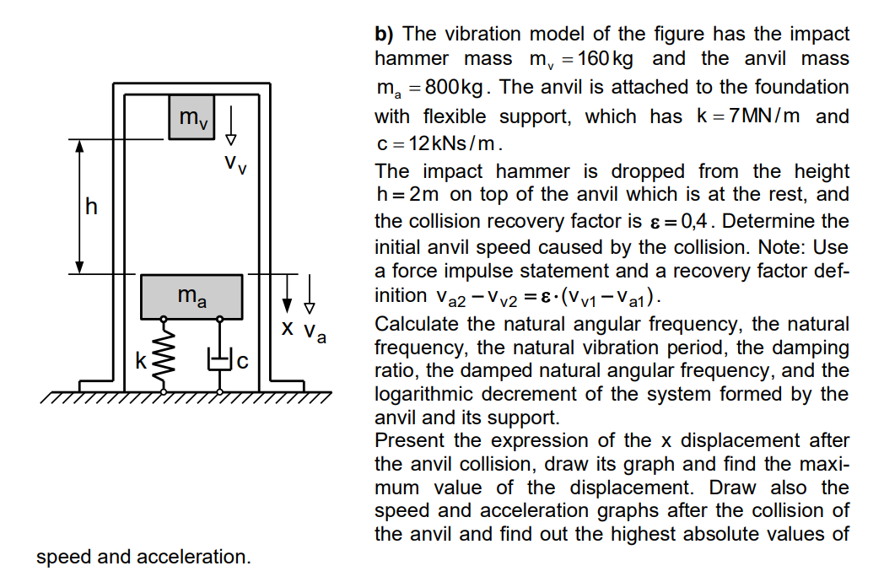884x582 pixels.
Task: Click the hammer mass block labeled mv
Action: click(192, 117)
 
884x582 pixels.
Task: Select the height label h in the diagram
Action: click(92, 206)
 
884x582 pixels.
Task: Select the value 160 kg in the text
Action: click(606, 59)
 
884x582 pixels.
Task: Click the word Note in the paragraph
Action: click(778, 248)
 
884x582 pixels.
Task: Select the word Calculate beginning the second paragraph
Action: click(416, 324)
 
